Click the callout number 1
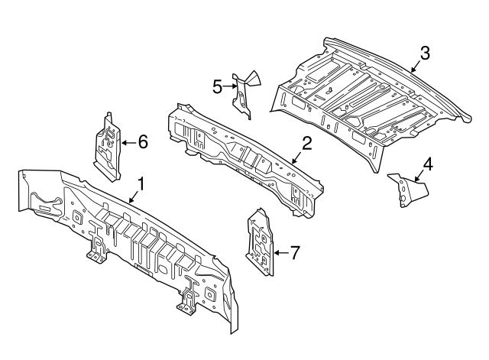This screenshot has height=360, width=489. click(141, 183)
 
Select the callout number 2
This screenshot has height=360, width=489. click(306, 143)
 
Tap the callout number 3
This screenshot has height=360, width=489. click(425, 53)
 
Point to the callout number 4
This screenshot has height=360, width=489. click(428, 164)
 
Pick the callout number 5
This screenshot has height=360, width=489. click(217, 87)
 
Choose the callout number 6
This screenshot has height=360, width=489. click(142, 141)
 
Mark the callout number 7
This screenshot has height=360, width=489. click(296, 251)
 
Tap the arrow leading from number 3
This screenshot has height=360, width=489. click(416, 65)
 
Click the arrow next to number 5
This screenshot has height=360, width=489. click(229, 87)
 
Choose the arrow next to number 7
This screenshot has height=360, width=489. click(280, 251)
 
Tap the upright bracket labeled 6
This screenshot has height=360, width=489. click(107, 147)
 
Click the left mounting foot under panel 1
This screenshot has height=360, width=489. click(96, 251)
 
